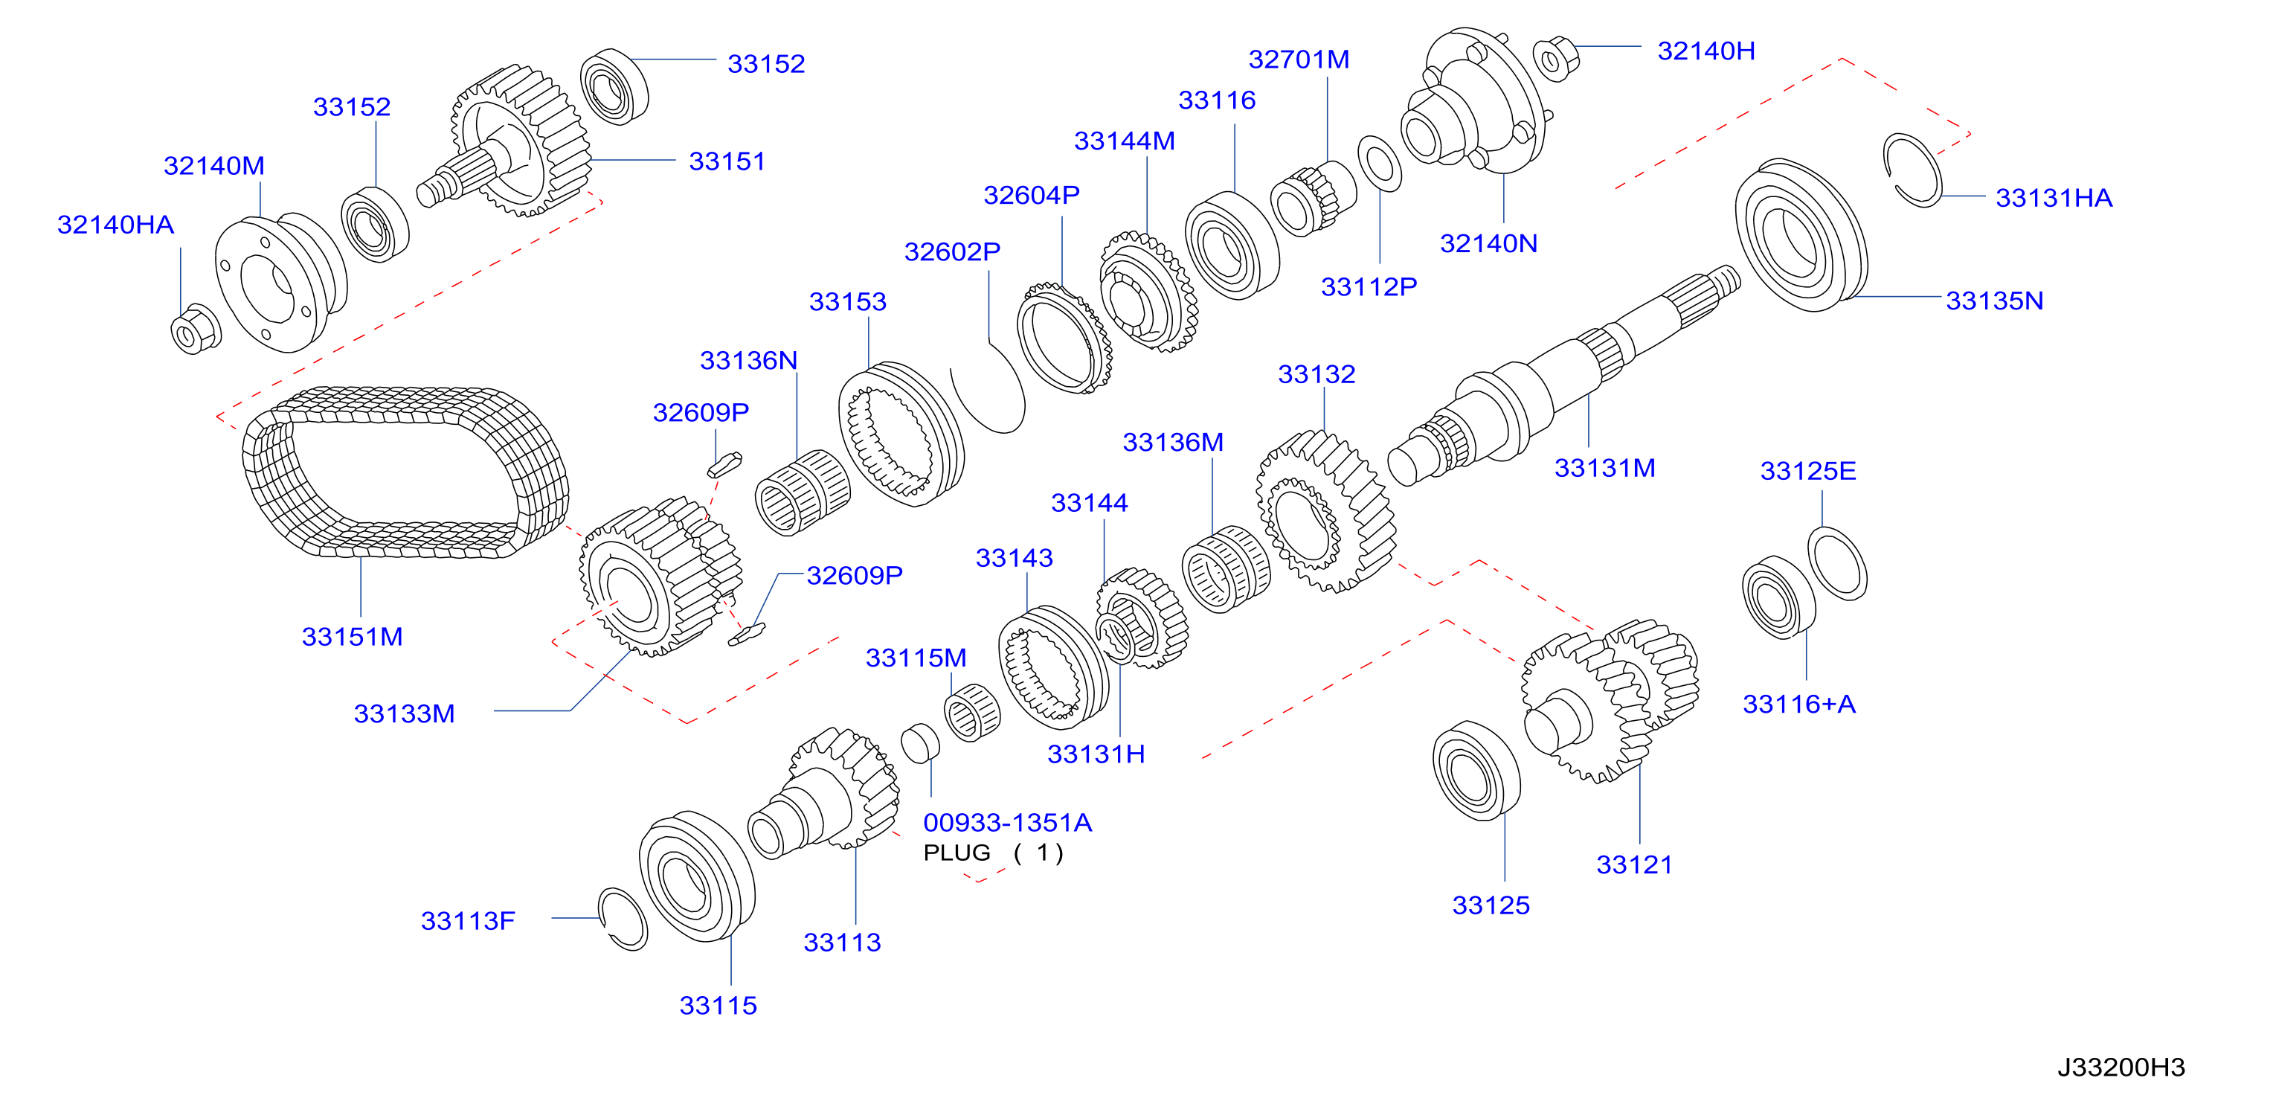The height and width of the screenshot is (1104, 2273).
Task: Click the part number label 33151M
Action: point(352,636)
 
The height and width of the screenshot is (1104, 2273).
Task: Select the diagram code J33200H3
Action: point(2121,1067)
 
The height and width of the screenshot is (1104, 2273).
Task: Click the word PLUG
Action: point(957,853)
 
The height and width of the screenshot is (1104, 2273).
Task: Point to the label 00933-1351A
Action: point(1008,823)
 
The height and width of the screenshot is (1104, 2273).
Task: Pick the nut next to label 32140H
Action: point(1556,58)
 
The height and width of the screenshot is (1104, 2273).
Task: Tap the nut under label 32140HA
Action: point(195,329)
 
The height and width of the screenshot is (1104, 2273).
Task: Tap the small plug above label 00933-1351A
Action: point(920,743)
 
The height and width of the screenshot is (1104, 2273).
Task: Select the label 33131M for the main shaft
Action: point(1604,468)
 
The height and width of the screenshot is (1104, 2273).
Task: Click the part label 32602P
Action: point(952,251)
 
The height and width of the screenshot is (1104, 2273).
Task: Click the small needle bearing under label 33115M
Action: point(971,713)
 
